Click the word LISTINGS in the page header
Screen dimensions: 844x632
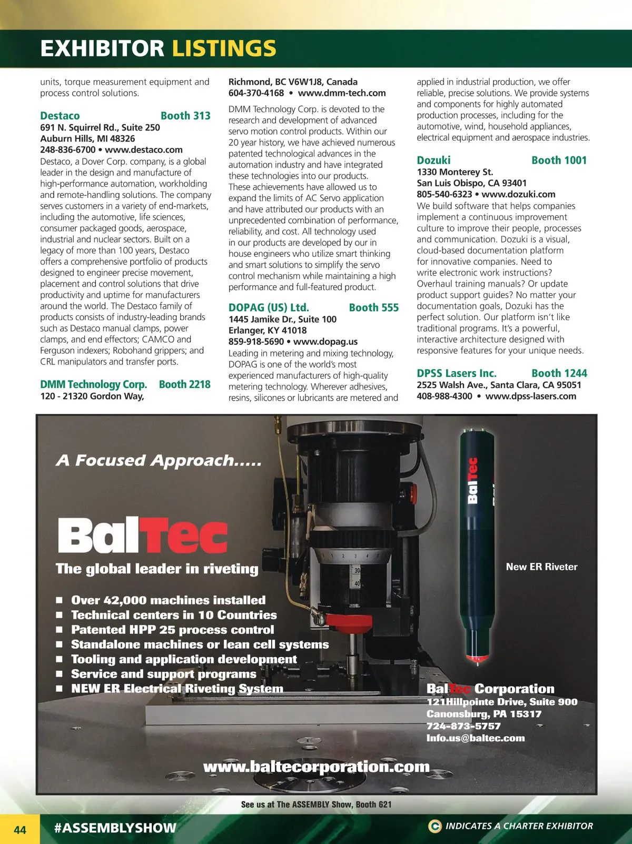pyautogui.click(x=224, y=48)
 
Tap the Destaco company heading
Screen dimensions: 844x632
pyautogui.click(x=60, y=116)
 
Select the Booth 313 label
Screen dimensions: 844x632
pyautogui.click(x=185, y=116)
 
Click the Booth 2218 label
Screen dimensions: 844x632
pyautogui.click(x=184, y=384)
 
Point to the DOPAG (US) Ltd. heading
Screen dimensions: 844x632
pyautogui.click(x=269, y=307)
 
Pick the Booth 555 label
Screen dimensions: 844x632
pyautogui.click(x=373, y=307)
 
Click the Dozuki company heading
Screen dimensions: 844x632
pyautogui.click(x=433, y=160)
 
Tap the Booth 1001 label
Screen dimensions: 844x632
pyautogui.click(x=559, y=160)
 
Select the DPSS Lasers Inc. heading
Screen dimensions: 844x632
pyautogui.click(x=456, y=373)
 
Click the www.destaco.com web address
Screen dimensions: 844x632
pyautogui.click(x=144, y=150)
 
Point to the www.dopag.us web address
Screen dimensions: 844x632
pyautogui.click(x=325, y=342)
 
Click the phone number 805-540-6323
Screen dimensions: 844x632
pyautogui.click(x=444, y=194)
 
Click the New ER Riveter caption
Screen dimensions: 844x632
pyautogui.click(x=541, y=567)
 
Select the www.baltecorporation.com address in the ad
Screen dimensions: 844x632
pyautogui.click(x=316, y=767)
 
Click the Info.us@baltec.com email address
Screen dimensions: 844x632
pyautogui.click(x=476, y=738)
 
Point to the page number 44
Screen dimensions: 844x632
pyautogui.click(x=20, y=830)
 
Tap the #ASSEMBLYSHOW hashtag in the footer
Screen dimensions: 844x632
pyautogui.click(x=115, y=828)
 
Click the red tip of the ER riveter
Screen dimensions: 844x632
pyautogui.click(x=476, y=658)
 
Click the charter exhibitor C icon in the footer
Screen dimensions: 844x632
pyautogui.click(x=434, y=826)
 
